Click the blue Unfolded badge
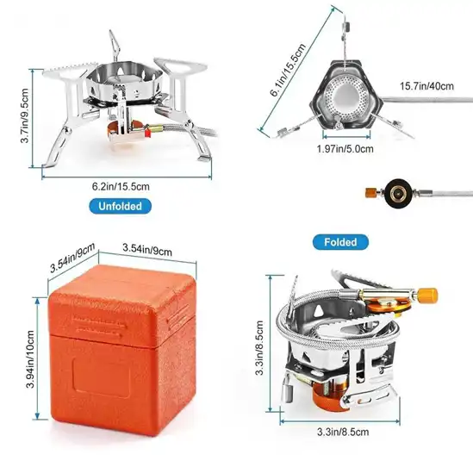pyautogui.click(x=120, y=206)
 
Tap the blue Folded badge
pyautogui.click(x=340, y=242)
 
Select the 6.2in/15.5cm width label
pyautogui.click(x=121, y=186)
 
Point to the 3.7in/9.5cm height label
pyautogui.click(x=24, y=115)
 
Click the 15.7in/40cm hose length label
pyautogui.click(x=426, y=86)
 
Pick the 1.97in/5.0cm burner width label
pyautogui.click(x=345, y=149)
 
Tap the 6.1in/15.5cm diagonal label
pyautogui.click(x=288, y=70)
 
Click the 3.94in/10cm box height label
pyautogui.click(x=30, y=359)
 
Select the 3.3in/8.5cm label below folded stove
pyautogui.click(x=343, y=432)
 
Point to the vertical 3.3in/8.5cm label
pyautogui.click(x=259, y=348)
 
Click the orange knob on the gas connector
pyautogui.click(x=370, y=192)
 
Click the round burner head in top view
pyautogui.click(x=345, y=97)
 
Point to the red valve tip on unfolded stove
pyautogui.click(x=147, y=133)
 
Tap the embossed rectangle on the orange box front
pyautogui.click(x=102, y=378)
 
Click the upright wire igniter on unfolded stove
pyautogui.click(x=115, y=46)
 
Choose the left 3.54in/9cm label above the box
pyautogui.click(x=72, y=258)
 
